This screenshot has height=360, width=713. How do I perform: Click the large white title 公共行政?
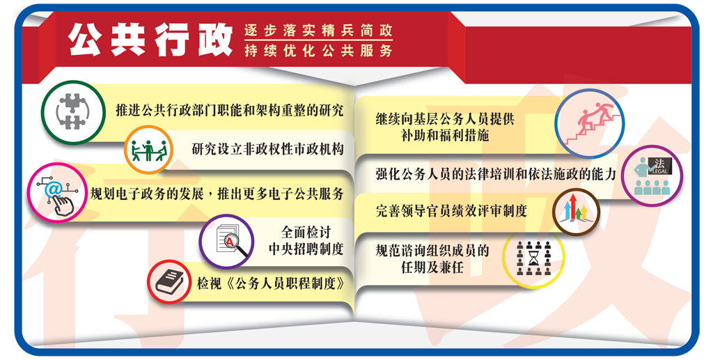point(150,40)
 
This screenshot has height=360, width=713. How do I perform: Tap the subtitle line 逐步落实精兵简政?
point(318,31)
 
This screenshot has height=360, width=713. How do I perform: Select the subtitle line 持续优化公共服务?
point(318,50)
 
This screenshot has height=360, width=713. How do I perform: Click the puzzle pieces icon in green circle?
point(72,112)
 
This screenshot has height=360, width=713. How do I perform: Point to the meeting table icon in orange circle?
point(149,150)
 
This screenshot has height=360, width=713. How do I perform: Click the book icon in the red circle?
point(169,282)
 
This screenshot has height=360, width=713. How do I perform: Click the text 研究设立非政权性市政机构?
point(267,149)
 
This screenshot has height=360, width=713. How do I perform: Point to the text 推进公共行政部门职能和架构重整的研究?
point(229,111)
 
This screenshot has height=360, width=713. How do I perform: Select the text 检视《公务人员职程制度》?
point(271,283)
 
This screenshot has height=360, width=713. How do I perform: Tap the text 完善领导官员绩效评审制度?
point(451,211)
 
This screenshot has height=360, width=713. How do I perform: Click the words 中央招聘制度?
point(306,249)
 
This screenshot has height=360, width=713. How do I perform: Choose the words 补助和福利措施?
point(445,136)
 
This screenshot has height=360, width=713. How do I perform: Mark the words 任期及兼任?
point(432,267)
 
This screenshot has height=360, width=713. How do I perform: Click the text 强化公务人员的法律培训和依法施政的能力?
point(496,174)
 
